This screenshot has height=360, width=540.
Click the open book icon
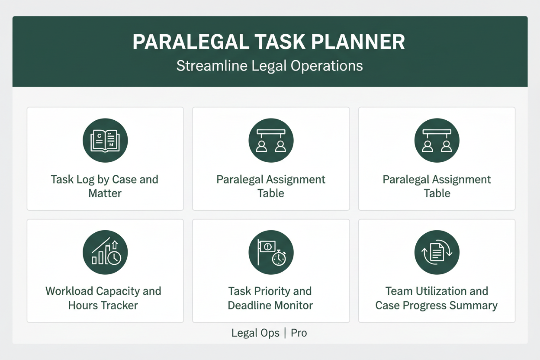coord(105,141)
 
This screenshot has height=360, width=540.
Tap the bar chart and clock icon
coord(105,253)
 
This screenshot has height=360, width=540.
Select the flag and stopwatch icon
coord(271,253)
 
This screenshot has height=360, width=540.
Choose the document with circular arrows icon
coord(437,253)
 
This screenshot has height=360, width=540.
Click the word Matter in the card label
coord(105,193)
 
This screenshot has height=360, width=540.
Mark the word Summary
coord(473,305)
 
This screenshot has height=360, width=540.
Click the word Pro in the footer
coord(299,333)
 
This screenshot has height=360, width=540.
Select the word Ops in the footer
coord(270,333)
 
